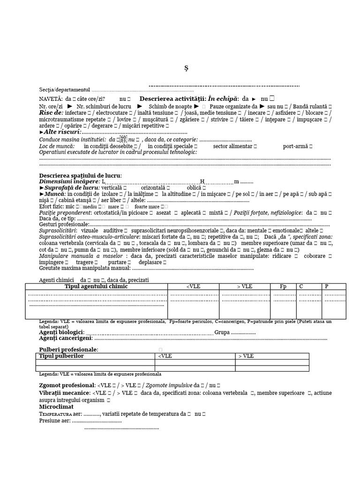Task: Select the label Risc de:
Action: (51, 113)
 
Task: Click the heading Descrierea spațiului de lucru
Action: (80, 175)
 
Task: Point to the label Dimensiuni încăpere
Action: (69, 181)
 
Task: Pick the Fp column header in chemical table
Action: (283, 287)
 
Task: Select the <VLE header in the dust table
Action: (165, 356)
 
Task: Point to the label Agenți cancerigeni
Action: (66, 338)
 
